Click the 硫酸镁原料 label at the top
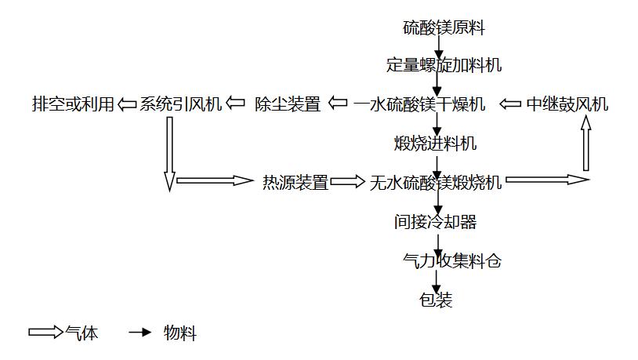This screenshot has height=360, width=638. (444, 28)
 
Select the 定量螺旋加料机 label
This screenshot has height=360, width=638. (444, 65)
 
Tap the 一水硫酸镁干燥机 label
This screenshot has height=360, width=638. (419, 104)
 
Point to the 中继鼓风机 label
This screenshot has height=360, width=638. (567, 104)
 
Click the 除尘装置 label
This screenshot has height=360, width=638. (288, 104)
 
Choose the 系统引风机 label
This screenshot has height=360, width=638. (181, 104)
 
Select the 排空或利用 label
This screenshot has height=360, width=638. (73, 104)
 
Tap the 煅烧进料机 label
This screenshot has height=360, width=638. (435, 144)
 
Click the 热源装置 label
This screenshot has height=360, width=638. (295, 183)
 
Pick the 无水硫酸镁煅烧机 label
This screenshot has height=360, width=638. (436, 183)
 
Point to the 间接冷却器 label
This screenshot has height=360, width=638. (435, 222)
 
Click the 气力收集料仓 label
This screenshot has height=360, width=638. (451, 261)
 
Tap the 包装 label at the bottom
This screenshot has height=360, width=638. (436, 300)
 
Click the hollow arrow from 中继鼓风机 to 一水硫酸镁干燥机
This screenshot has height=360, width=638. (510, 104)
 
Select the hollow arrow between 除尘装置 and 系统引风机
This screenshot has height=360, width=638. (234, 104)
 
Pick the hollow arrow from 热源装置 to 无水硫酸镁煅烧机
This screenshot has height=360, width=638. (348, 182)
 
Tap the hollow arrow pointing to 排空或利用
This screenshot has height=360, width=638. (127, 104)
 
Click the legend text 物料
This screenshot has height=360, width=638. (180, 333)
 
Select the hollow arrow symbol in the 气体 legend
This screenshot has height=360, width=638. (45, 333)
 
